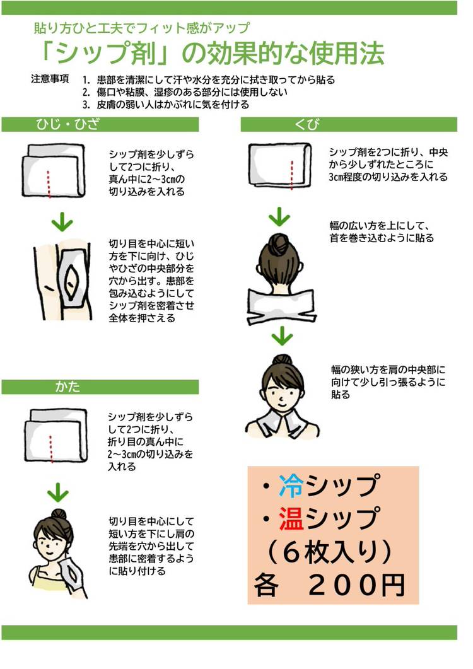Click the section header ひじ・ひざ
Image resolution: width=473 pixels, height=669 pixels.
pyautogui.click(x=68, y=124)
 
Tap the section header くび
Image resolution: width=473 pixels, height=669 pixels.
pyautogui.click(x=307, y=124)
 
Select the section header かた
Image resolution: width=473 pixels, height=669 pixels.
pyautogui.click(x=67, y=387)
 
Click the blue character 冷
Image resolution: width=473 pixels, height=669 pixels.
pyautogui.click(x=291, y=486)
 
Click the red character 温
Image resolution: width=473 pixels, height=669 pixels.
pyautogui.click(x=291, y=518)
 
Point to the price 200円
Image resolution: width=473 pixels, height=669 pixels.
pyautogui.click(x=356, y=585)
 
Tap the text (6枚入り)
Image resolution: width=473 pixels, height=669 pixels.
pyautogui.click(x=328, y=552)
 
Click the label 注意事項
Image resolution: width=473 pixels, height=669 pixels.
pyautogui.click(x=50, y=79)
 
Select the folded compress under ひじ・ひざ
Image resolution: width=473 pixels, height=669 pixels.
pyautogui.click(x=54, y=171)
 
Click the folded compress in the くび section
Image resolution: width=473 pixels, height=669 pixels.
pyautogui.click(x=280, y=165)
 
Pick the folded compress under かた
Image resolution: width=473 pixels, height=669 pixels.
pyautogui.click(x=56, y=436)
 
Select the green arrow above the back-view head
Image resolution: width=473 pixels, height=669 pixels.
pyautogui.click(x=279, y=216)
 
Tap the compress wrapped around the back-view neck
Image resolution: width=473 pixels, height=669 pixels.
pyautogui.click(x=281, y=306)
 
